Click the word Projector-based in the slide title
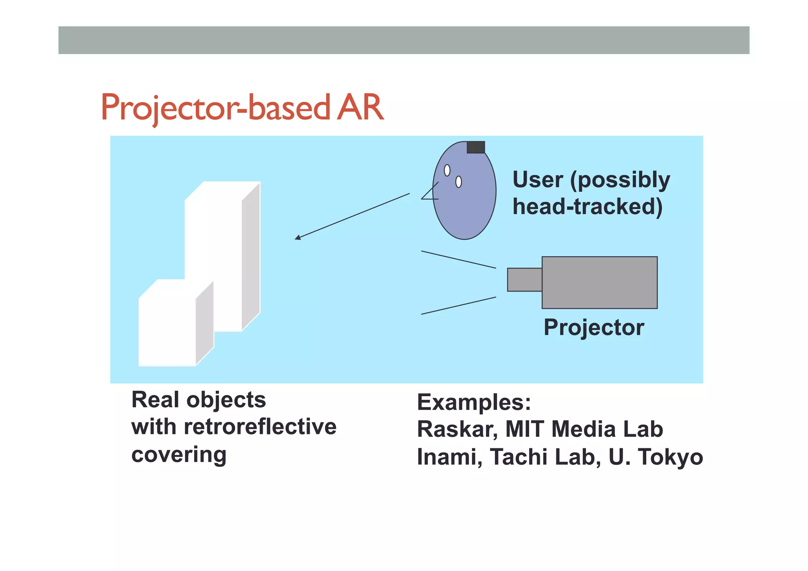tap(215, 107)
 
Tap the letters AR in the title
tap(360, 107)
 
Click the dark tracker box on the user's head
tap(476, 147)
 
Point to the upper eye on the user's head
tap(447, 170)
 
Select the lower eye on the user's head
tap(458, 182)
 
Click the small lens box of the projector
tap(524, 280)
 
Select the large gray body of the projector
tap(599, 283)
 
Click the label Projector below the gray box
tap(594, 327)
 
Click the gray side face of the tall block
tap(251, 256)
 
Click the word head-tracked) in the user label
tap(587, 206)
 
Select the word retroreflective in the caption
tap(260, 427)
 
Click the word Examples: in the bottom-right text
tap(474, 403)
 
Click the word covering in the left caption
tap(179, 455)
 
